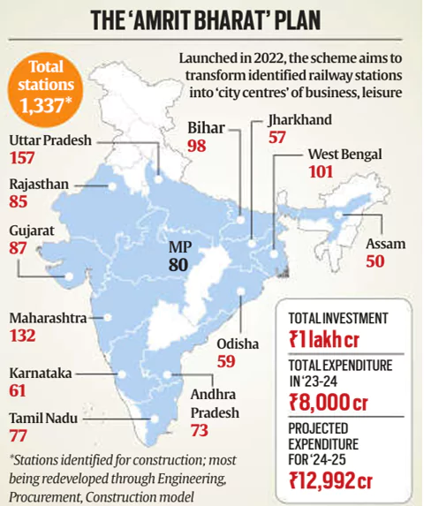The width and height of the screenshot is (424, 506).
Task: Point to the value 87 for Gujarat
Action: (19, 250)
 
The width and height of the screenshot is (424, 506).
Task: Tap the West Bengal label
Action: (345, 154)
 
